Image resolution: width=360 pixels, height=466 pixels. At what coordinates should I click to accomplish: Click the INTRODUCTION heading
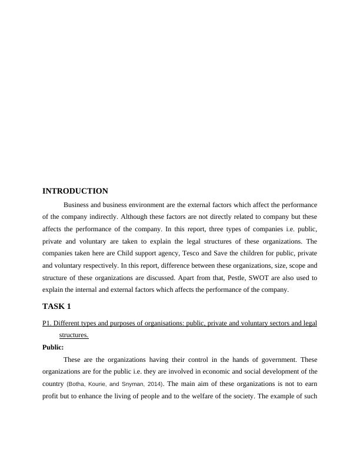pos(75,191)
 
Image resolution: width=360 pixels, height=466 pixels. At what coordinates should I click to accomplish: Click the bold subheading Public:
pos(53,347)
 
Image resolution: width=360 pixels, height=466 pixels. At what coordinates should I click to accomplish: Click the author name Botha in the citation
pos(78,384)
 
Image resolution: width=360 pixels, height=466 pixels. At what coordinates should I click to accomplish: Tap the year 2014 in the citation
pos(152,384)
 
